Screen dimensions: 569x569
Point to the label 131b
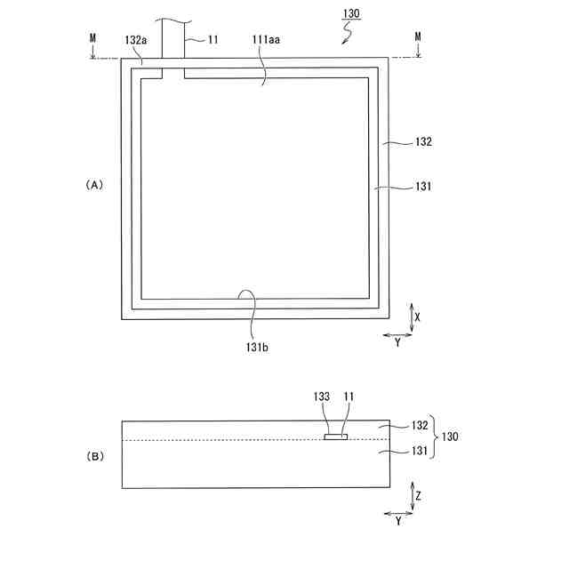pyautogui.click(x=256, y=348)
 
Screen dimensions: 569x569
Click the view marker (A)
pyautogui.click(x=94, y=185)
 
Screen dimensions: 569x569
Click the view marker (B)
pyautogui.click(x=94, y=456)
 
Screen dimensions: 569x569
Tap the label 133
pyautogui.click(x=322, y=397)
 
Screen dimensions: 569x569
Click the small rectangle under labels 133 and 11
pyautogui.click(x=336, y=437)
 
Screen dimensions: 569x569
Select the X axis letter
pyautogui.click(x=418, y=316)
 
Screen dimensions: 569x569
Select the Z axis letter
pyautogui.click(x=418, y=491)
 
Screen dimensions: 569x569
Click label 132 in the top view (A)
pyautogui.click(x=423, y=141)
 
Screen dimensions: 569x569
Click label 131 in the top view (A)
pyautogui.click(x=423, y=187)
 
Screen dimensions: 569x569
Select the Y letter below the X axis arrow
pyautogui.click(x=397, y=342)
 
